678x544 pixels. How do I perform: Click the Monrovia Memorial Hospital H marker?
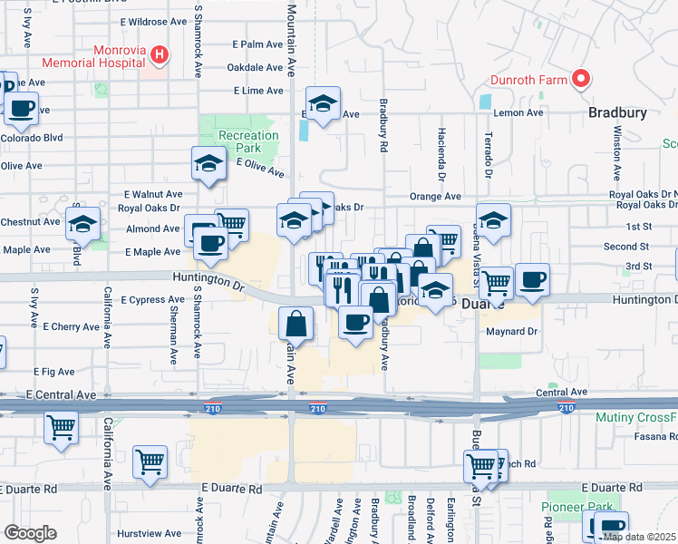[160, 54]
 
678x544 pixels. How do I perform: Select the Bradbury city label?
[617, 113]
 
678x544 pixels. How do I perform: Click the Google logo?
[31, 533]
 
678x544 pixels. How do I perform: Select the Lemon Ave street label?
[518, 113]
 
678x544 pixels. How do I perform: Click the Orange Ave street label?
[435, 196]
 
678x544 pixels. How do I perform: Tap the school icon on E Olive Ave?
[208, 164]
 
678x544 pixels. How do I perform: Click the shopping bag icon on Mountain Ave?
[296, 323]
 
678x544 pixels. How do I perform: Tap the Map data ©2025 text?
[639, 537]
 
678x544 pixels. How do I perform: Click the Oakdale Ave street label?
[255, 67]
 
